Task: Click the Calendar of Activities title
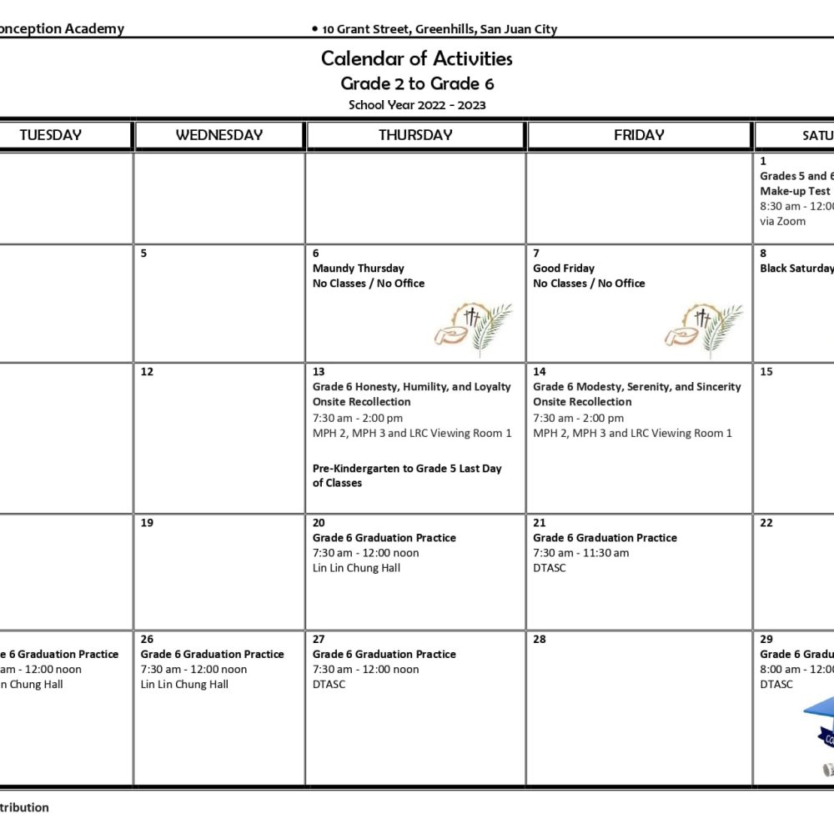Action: coord(416,58)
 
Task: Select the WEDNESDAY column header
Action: coord(219,135)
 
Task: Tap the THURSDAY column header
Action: coord(415,135)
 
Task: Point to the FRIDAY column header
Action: coord(639,135)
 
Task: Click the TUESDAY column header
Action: coord(51,135)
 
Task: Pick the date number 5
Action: coord(144,254)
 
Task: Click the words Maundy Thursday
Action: coord(358,269)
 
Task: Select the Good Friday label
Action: coord(564,269)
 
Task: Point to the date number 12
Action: coord(147,372)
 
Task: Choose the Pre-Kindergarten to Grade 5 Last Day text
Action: coord(407,475)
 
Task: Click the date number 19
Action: coord(147,523)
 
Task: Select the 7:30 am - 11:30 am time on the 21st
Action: coord(581,553)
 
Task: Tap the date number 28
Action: coord(540,640)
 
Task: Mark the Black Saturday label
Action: coord(796,269)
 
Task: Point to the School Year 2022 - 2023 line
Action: coord(417,105)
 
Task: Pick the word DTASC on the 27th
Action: coord(329,685)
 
